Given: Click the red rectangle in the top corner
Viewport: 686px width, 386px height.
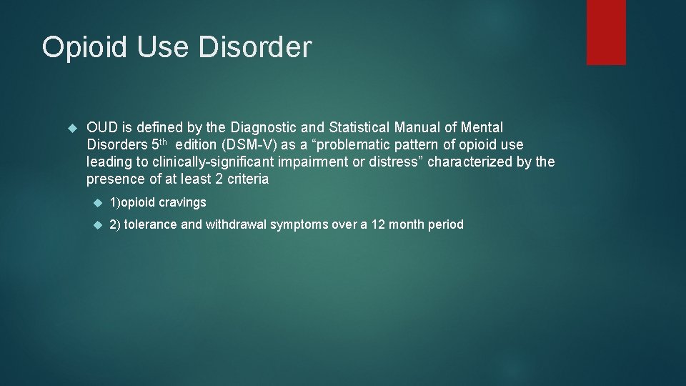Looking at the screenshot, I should point(606,32).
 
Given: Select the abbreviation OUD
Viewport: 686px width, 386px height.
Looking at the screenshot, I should point(101,128).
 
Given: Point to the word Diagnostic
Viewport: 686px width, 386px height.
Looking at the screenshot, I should point(263,128).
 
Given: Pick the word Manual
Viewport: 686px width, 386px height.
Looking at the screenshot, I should point(426,128).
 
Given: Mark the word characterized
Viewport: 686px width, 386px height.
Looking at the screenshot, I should point(471,162).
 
